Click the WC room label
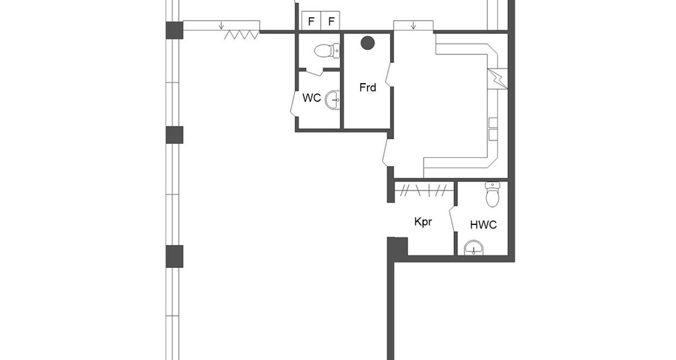tap(311, 98)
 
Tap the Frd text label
tap(367, 87)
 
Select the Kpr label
tap(423, 222)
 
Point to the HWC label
tap(483, 224)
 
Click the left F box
tap(311, 21)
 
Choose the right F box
tap(330, 21)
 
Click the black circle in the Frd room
tap(367, 43)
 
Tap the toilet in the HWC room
tap(492, 194)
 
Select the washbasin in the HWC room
tap(473, 247)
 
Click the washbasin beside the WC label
tap(332, 100)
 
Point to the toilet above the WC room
tap(327, 51)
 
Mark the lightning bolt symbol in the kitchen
tap(497, 78)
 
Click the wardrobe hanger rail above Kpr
tap(424, 190)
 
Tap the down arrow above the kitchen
tap(413, 26)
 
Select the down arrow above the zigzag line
tap(221, 26)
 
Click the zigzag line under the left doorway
tap(242, 35)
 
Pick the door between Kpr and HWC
tap(453, 220)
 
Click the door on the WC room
tap(294, 102)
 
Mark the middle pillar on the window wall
tap(175, 135)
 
